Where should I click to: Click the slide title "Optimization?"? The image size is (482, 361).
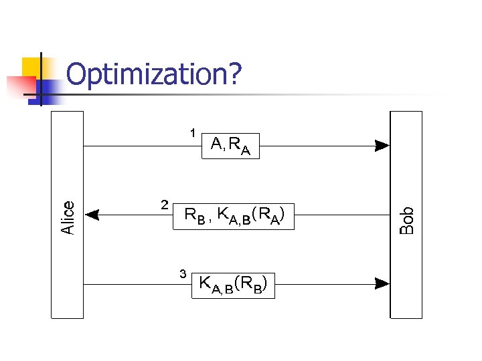pyautogui.click(x=154, y=75)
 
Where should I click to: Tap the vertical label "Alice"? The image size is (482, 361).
pyautogui.click(x=68, y=217)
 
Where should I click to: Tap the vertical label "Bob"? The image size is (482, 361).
pyautogui.click(x=406, y=220)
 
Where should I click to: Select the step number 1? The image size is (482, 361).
pyautogui.click(x=192, y=132)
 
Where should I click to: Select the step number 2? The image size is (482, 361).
pyautogui.click(x=164, y=204)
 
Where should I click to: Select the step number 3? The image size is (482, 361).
pyautogui.click(x=183, y=273)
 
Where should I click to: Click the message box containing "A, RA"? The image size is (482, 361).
pyautogui.click(x=230, y=145)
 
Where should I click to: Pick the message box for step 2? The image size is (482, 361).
pyautogui.click(x=233, y=215)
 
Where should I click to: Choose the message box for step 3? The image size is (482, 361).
pyautogui.click(x=233, y=285)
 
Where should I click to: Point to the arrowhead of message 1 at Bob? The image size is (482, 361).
pyautogui.click(x=382, y=145)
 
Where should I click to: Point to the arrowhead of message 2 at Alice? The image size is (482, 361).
pyautogui.click(x=92, y=215)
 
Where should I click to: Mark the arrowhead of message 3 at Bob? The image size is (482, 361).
pyautogui.click(x=382, y=284)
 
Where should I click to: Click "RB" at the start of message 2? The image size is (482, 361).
pyautogui.click(x=195, y=216)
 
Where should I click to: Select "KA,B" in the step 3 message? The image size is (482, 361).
pyautogui.click(x=216, y=285)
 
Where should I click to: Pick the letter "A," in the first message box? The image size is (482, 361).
pyautogui.click(x=218, y=144)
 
